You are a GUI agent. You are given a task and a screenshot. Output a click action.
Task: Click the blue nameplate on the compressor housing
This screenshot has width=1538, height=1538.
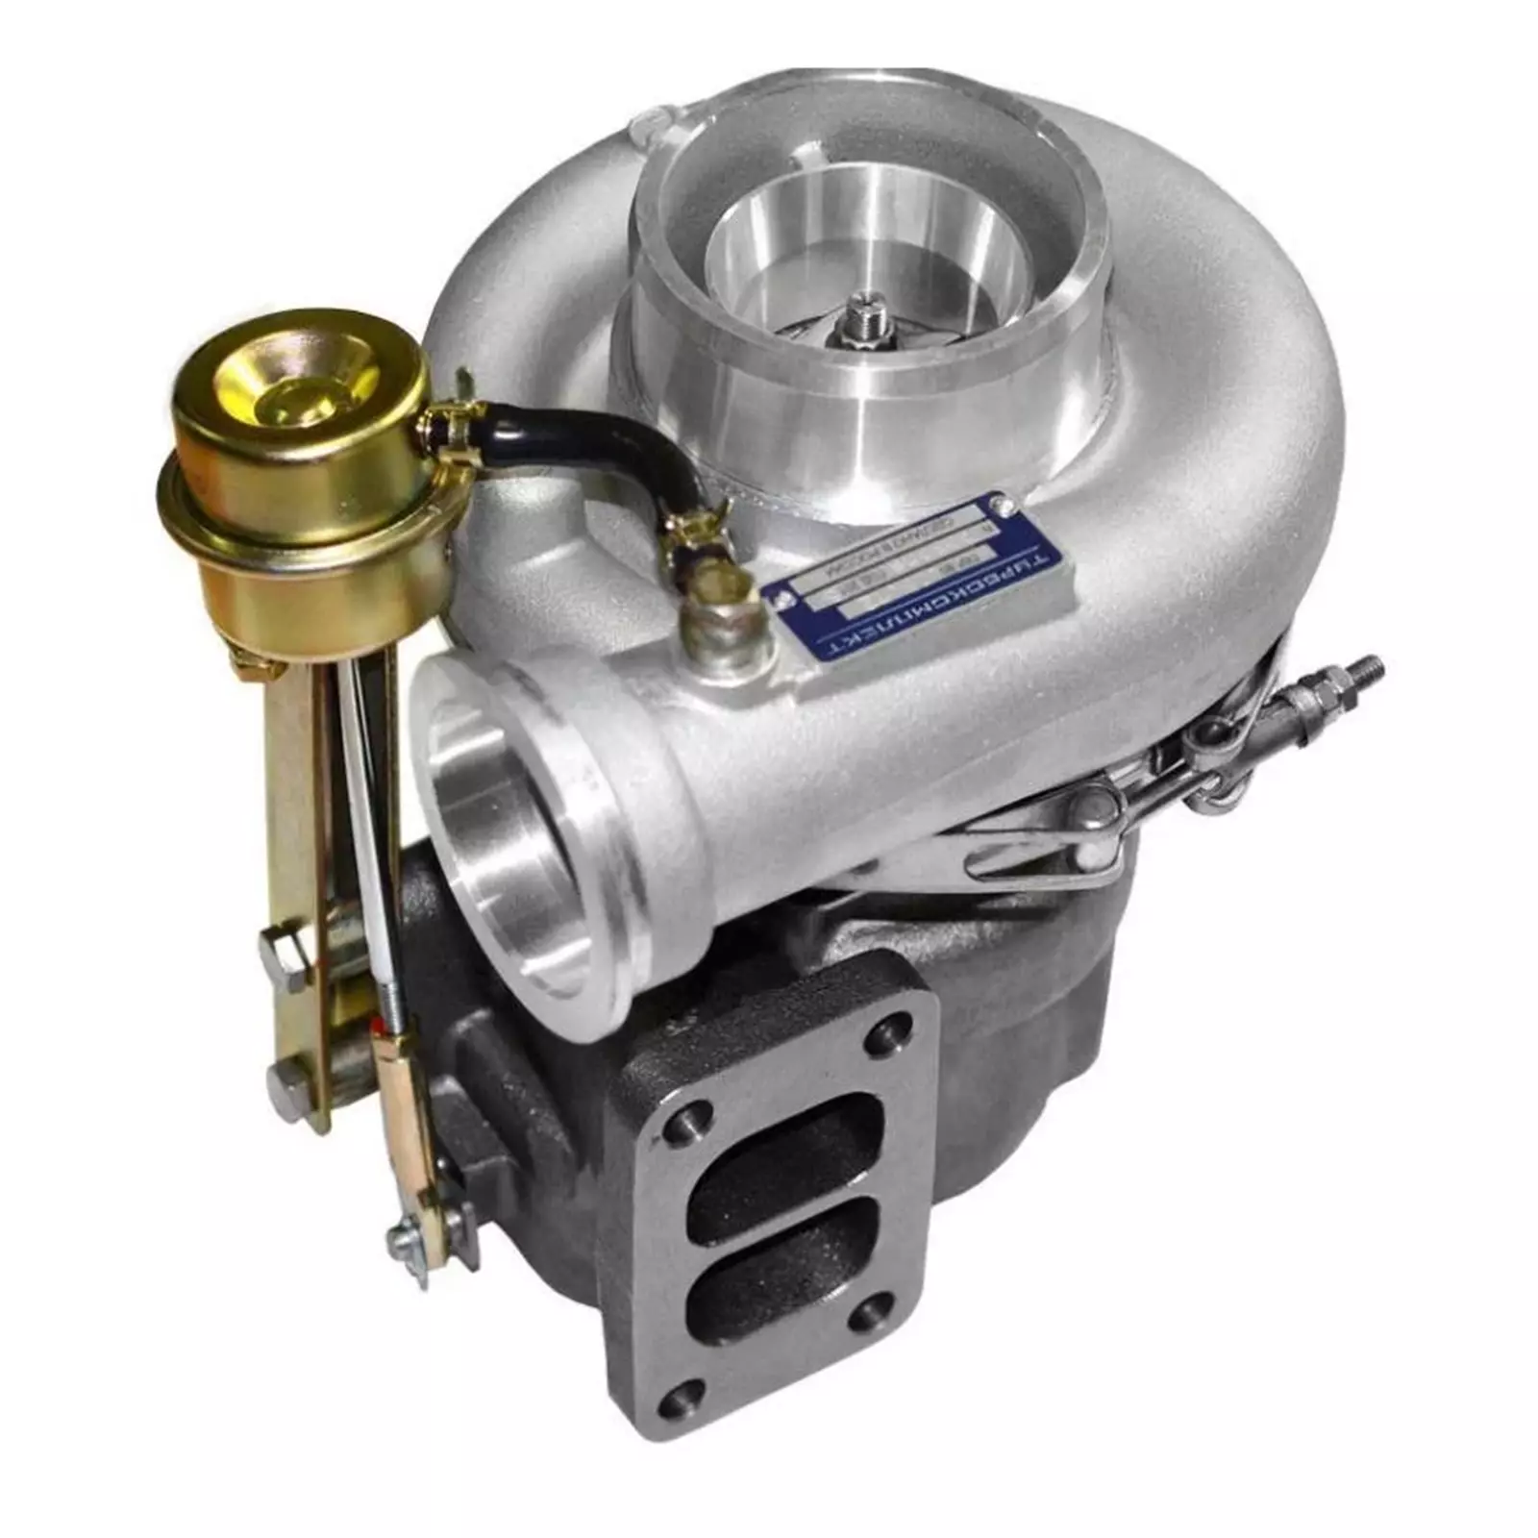click(x=923, y=577)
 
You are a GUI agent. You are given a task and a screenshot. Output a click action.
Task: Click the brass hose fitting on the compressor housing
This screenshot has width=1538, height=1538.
click(x=716, y=615)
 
